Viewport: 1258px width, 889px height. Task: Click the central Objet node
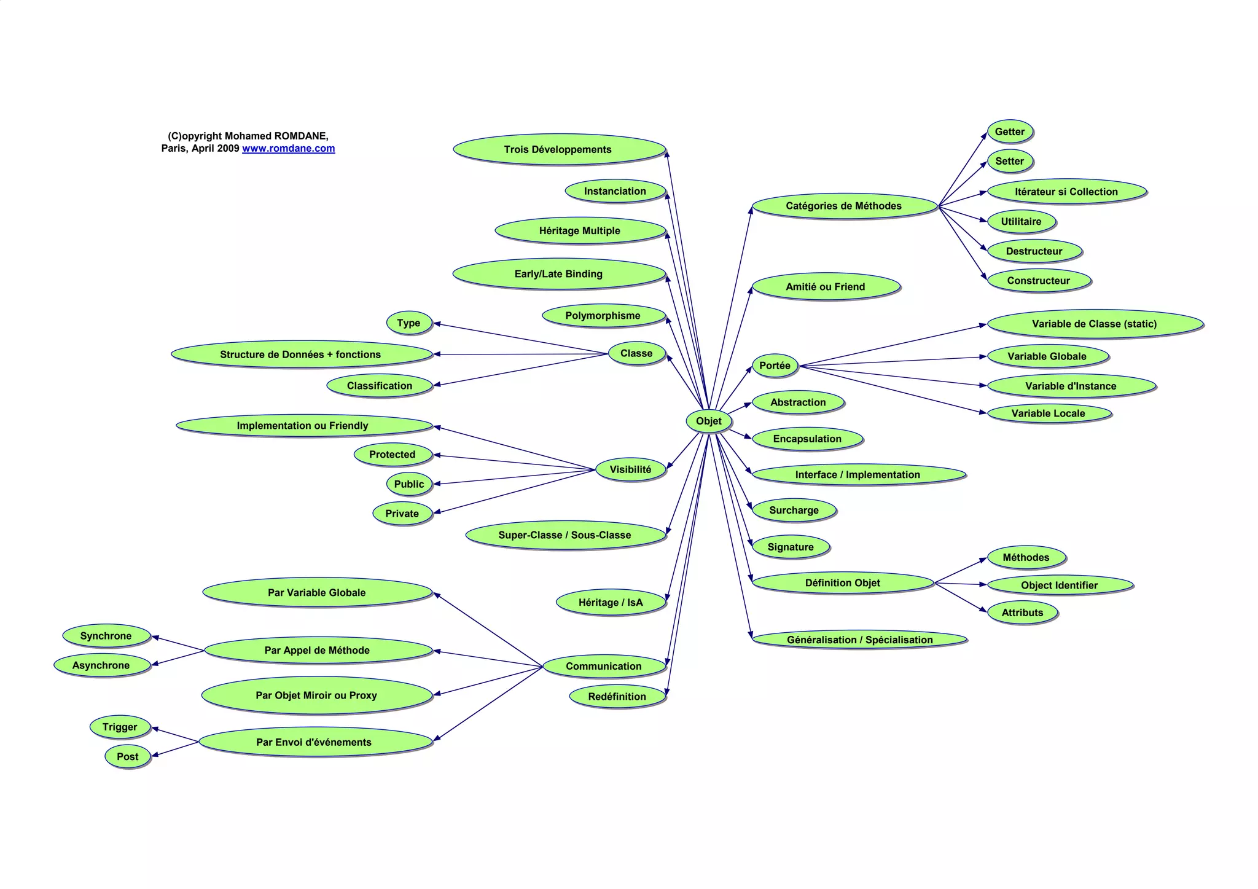click(708, 421)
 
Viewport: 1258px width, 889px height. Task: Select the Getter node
click(1010, 131)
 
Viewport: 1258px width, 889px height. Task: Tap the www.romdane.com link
click(288, 148)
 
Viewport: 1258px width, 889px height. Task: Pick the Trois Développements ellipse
click(558, 149)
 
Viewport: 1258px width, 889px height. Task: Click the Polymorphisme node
click(603, 316)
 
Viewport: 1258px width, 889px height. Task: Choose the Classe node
click(636, 353)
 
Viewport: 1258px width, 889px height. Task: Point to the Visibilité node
click(630, 469)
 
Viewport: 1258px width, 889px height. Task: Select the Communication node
click(604, 666)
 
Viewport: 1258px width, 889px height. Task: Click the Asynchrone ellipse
click(101, 665)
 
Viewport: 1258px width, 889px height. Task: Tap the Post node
click(128, 756)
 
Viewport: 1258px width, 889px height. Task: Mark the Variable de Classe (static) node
click(1094, 324)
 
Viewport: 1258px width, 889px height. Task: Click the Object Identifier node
click(1059, 585)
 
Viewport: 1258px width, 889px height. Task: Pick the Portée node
click(775, 366)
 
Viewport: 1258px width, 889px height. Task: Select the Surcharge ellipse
click(794, 510)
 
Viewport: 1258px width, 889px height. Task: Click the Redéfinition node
click(617, 696)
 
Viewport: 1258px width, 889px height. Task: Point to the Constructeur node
click(1038, 281)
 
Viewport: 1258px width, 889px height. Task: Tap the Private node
click(402, 514)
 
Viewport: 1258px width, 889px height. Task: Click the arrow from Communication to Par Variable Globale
click(488, 630)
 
